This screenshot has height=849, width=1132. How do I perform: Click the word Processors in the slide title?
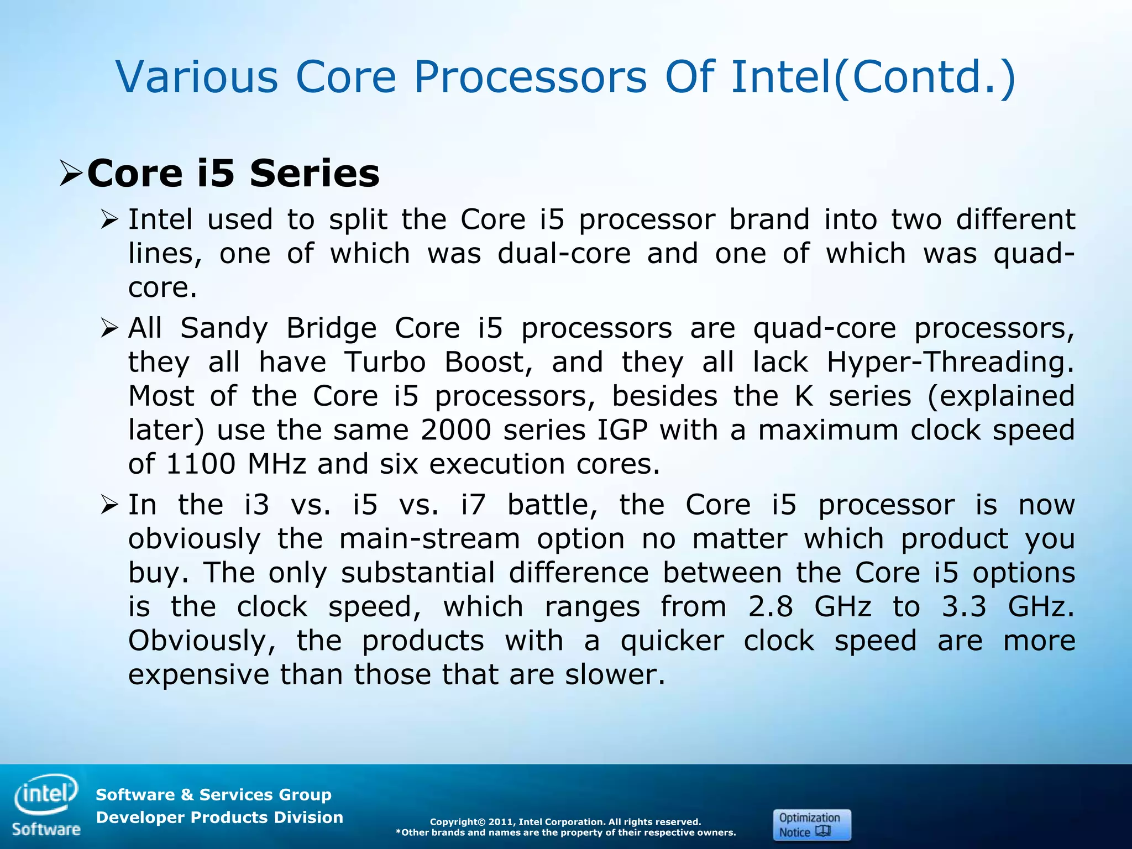pyautogui.click(x=530, y=77)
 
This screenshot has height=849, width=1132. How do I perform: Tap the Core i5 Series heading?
pyautogui.click(x=233, y=174)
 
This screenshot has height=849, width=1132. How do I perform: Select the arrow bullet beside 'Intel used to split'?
pyautogui.click(x=109, y=221)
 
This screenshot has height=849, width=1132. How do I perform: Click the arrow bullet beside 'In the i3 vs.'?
pyautogui.click(x=109, y=505)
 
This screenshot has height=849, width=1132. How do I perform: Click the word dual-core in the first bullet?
pyautogui.click(x=564, y=254)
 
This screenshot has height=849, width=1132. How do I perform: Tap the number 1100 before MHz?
pyautogui.click(x=201, y=464)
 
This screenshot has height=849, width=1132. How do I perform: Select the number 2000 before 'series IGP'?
pyautogui.click(x=455, y=430)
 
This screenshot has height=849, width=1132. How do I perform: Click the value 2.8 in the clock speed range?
pyautogui.click(x=771, y=607)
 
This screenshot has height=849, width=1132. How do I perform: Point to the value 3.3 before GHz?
pyautogui.click(x=964, y=607)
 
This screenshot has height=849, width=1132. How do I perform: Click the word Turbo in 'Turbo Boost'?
pyautogui.click(x=385, y=363)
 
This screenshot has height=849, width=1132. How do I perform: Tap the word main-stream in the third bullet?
pyautogui.click(x=429, y=539)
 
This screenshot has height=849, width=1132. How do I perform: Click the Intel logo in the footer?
pyautogui.click(x=46, y=795)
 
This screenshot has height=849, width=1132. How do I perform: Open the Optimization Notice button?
pyautogui.click(x=811, y=825)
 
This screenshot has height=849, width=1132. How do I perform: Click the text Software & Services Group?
pyautogui.click(x=213, y=795)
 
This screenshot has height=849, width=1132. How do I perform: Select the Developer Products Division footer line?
pyautogui.click(x=219, y=817)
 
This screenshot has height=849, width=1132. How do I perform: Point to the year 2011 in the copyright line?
pyautogui.click(x=501, y=822)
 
